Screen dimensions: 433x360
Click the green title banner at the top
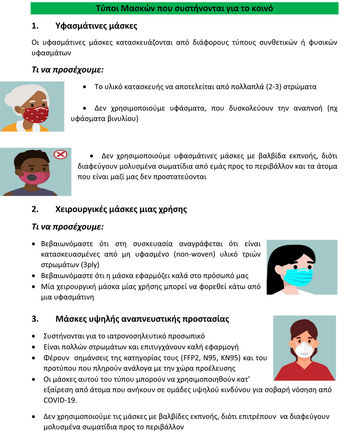(185, 8)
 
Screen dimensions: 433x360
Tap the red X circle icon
(61, 155)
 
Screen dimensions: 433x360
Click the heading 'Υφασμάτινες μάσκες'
(96, 26)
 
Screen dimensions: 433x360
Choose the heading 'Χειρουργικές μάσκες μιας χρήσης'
(121, 209)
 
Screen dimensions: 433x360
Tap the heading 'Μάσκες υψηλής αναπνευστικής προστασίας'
(142, 319)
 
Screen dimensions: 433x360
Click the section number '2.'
(35, 209)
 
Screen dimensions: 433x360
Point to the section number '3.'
(35, 319)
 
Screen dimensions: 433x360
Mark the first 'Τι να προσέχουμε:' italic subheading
(67, 70)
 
